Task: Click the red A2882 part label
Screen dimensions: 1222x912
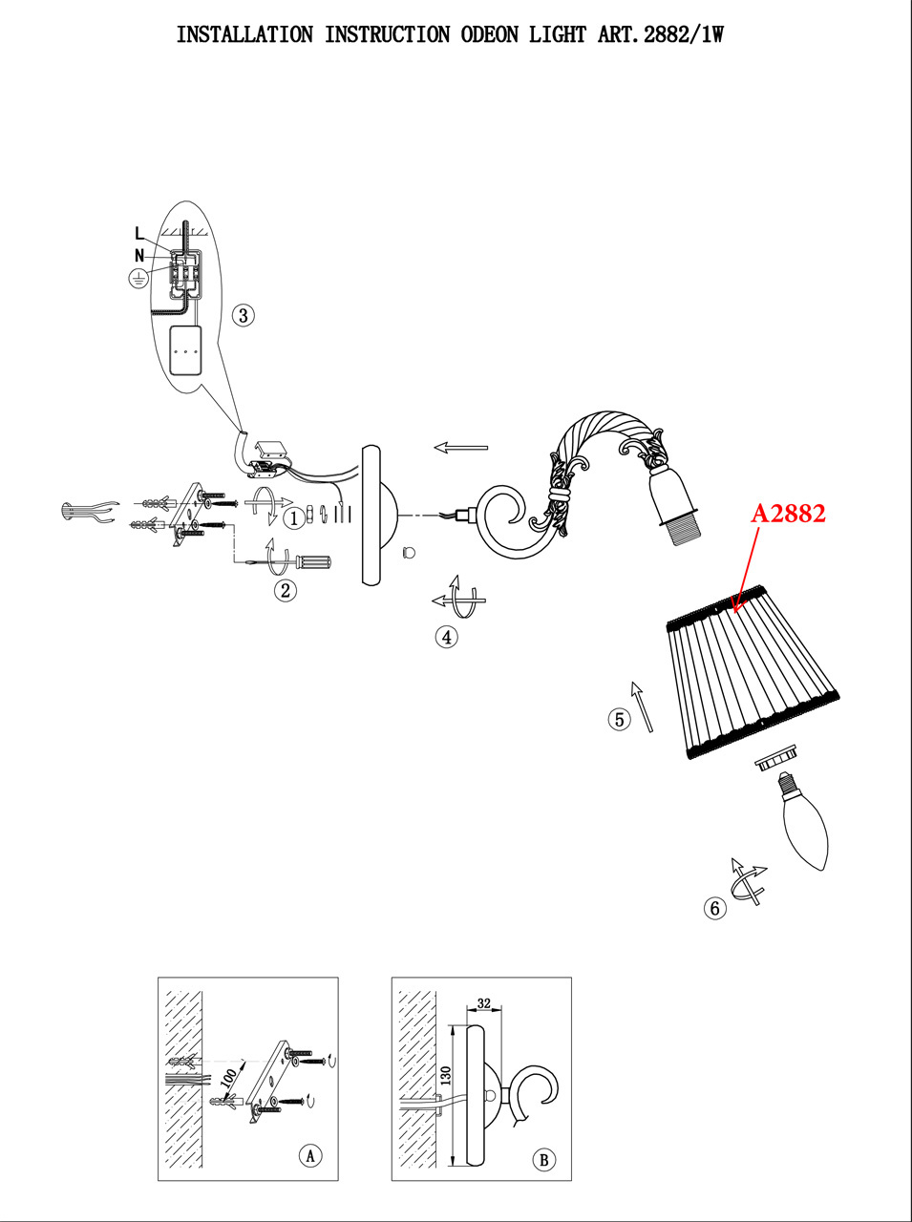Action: (788, 513)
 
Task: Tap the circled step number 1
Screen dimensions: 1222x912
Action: (294, 517)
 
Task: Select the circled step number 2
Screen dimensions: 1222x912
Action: (285, 590)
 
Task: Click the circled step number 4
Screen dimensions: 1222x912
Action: (446, 637)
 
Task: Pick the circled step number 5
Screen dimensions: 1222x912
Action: (620, 719)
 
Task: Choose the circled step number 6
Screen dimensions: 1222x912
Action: (715, 908)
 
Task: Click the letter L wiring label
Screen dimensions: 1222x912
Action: (139, 233)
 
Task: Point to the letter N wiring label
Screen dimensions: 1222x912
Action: (139, 256)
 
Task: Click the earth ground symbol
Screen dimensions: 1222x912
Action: (138, 278)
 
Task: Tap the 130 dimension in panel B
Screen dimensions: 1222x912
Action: (445, 1078)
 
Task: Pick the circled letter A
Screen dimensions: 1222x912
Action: (309, 1155)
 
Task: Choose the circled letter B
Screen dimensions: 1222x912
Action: (543, 1160)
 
